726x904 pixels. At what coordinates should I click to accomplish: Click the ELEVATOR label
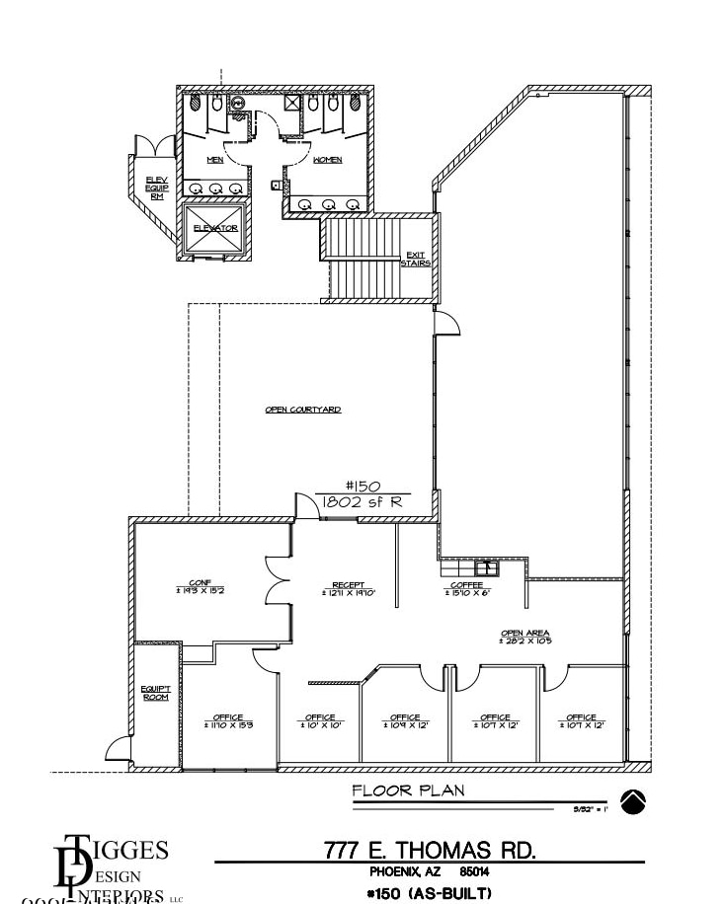(x=215, y=228)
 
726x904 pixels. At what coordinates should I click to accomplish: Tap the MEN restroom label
(x=215, y=159)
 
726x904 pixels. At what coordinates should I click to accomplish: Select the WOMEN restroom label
(x=328, y=159)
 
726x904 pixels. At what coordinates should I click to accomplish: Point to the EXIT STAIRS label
(x=416, y=260)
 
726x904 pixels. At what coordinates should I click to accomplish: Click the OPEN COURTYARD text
(x=303, y=410)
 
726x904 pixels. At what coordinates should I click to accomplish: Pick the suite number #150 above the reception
(x=363, y=486)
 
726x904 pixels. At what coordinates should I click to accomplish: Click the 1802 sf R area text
(x=363, y=501)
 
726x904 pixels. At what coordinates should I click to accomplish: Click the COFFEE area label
(x=466, y=585)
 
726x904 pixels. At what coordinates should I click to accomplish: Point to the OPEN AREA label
(x=525, y=634)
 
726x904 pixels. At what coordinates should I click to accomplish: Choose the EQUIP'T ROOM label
(x=156, y=693)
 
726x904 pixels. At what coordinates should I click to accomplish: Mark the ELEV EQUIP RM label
(x=156, y=188)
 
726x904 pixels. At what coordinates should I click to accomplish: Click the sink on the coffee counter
(x=487, y=567)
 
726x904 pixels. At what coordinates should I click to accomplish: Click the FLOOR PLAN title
(x=408, y=791)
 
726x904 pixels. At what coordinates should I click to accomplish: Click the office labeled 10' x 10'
(x=320, y=721)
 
